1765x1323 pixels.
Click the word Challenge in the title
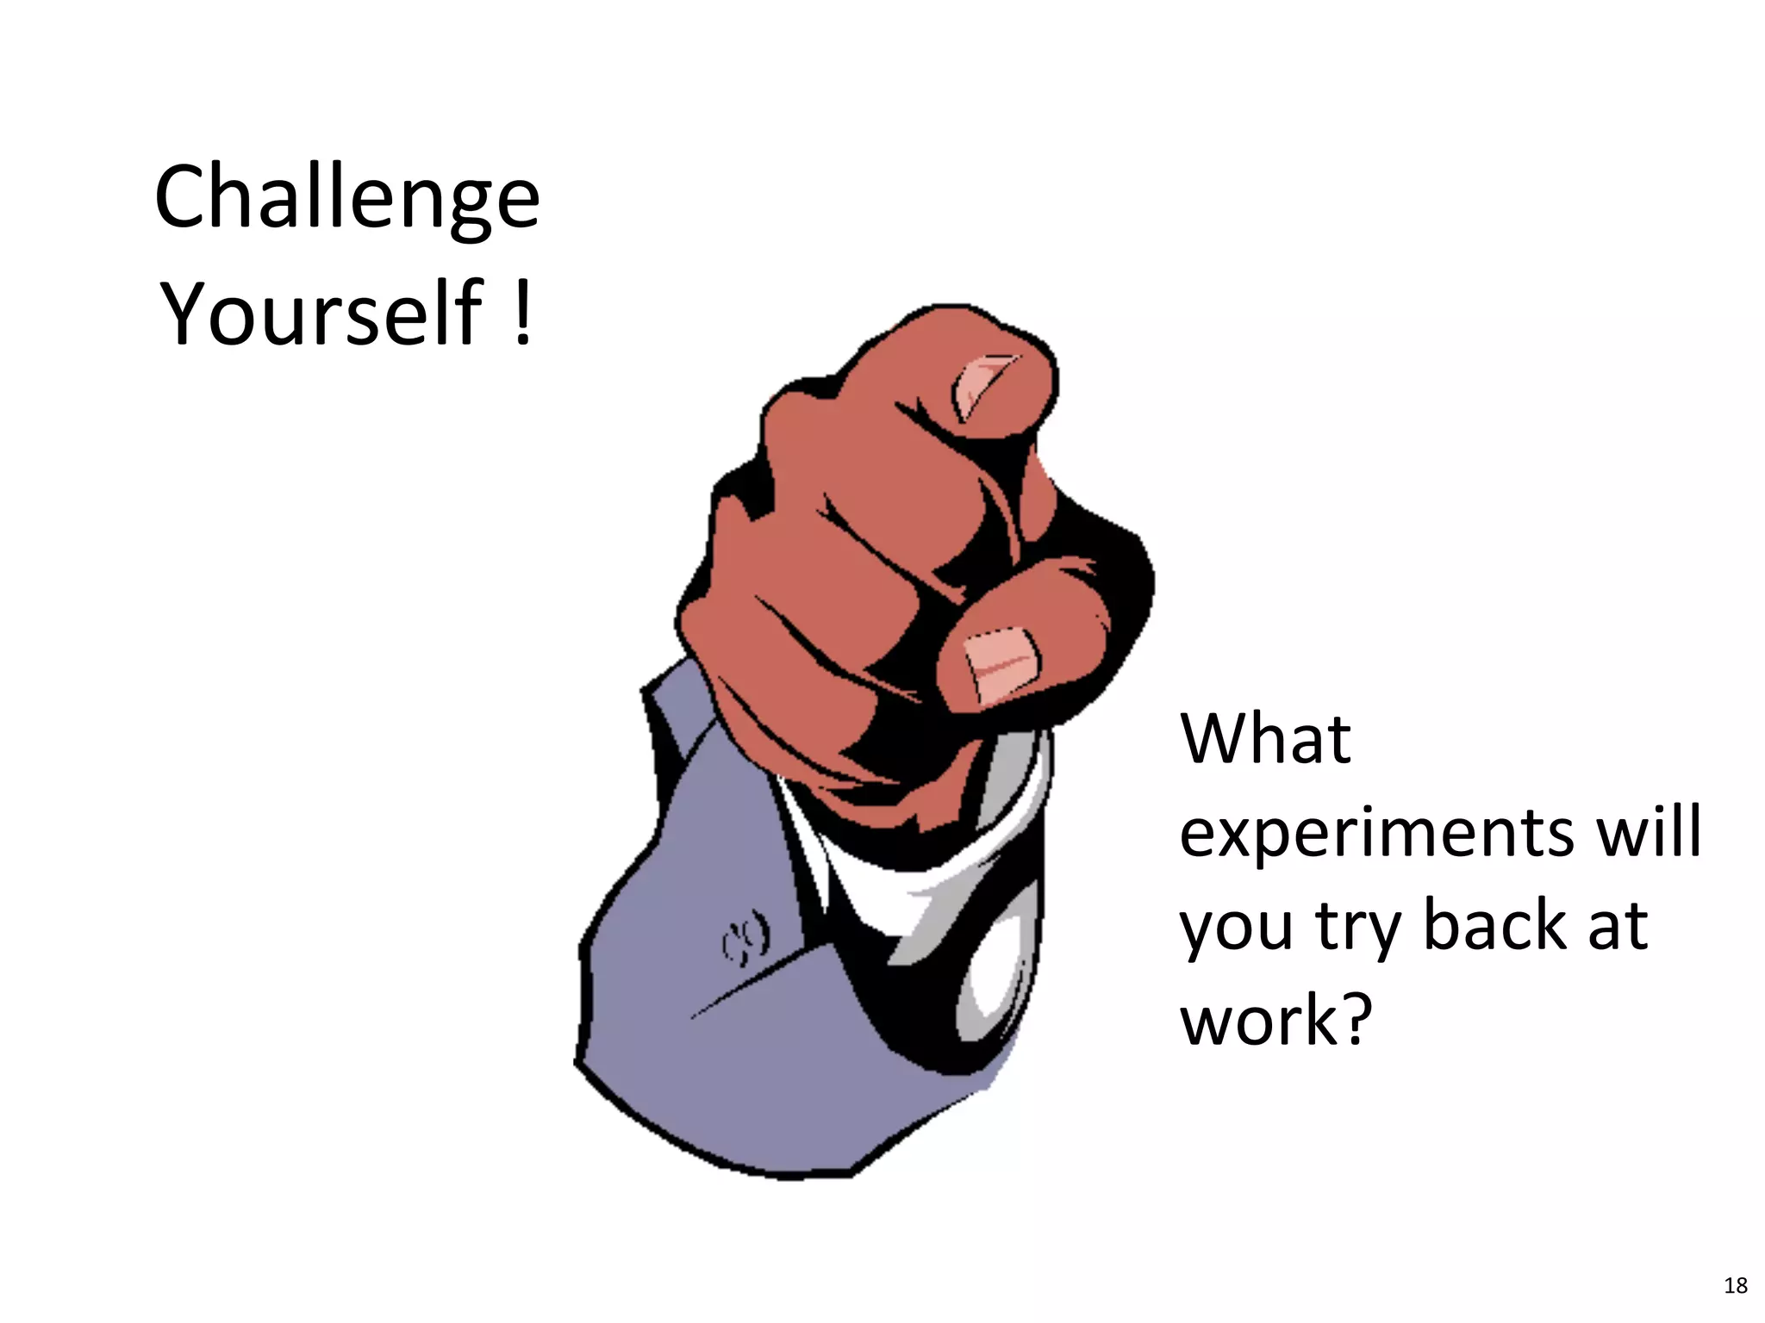[x=346, y=199]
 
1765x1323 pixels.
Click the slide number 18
[x=1735, y=1286]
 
